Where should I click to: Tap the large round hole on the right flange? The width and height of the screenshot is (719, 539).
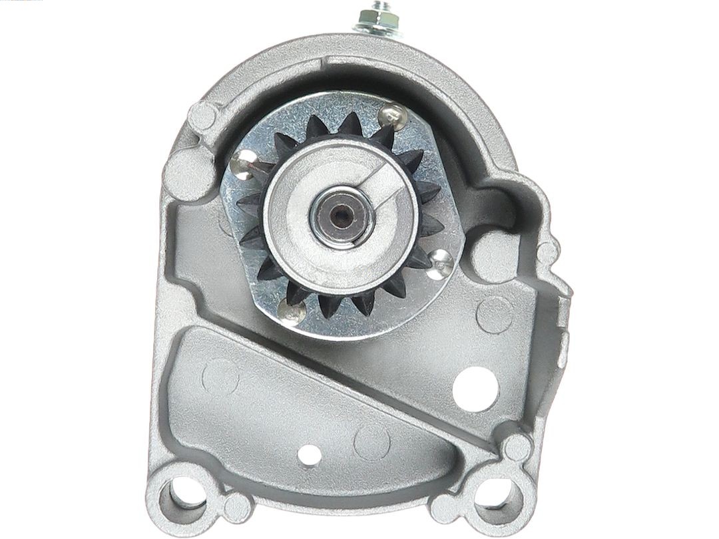tap(475, 386)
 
